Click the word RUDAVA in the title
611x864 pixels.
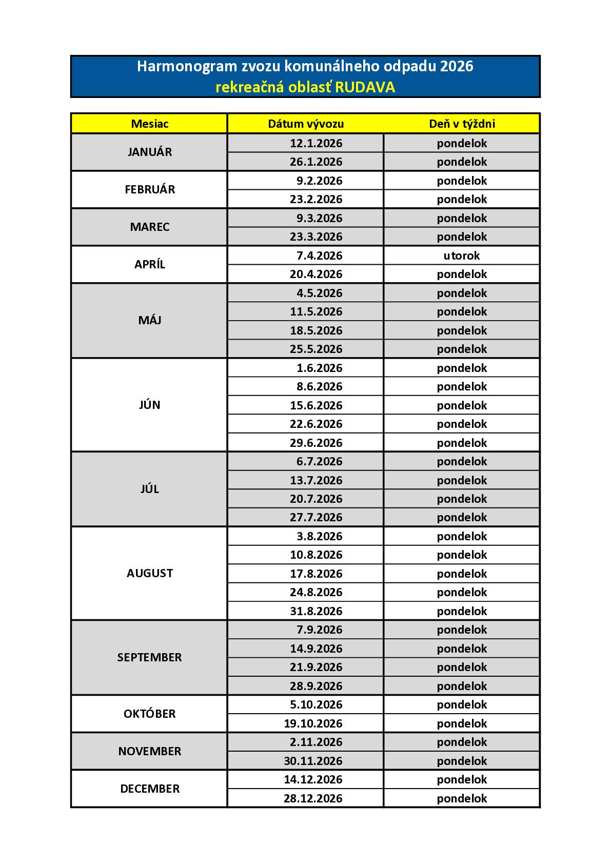pyautogui.click(x=365, y=88)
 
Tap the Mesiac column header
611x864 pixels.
pyautogui.click(x=149, y=124)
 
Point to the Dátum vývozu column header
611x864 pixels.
pyautogui.click(x=306, y=124)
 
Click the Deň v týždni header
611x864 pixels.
pyautogui.click(x=462, y=124)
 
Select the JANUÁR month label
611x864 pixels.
pyautogui.click(x=149, y=152)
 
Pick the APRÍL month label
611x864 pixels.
pyautogui.click(x=149, y=265)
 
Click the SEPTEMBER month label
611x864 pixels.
pyautogui.click(x=149, y=658)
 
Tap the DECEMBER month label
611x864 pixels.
pyautogui.click(x=149, y=789)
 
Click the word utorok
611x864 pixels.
pyautogui.click(x=462, y=256)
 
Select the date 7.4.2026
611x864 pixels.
pyautogui.click(x=319, y=256)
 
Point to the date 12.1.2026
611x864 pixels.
pyautogui.click(x=316, y=144)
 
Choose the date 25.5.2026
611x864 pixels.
pyautogui.click(x=316, y=349)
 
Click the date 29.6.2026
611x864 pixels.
pyautogui.click(x=316, y=443)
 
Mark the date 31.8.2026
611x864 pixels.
pyautogui.click(x=316, y=611)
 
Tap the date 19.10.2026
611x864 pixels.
pyautogui.click(x=313, y=723)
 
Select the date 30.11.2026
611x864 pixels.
pyautogui.click(x=313, y=761)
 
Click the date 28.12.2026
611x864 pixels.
pyautogui.click(x=313, y=798)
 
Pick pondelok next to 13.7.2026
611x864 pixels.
pyautogui.click(x=462, y=480)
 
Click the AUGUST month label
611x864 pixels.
pyautogui.click(x=149, y=574)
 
